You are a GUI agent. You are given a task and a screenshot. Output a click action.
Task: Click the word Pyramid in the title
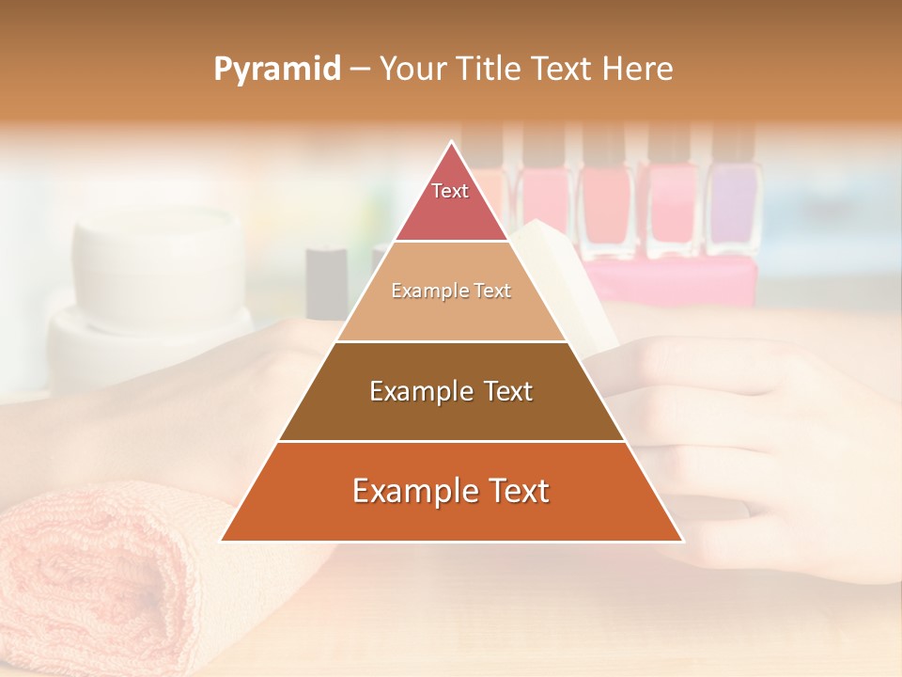click(277, 69)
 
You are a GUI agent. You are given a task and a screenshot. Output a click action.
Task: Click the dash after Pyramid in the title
click(360, 70)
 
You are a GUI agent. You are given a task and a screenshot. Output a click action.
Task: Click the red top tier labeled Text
click(451, 212)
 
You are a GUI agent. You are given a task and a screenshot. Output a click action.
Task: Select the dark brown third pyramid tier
click(451, 414)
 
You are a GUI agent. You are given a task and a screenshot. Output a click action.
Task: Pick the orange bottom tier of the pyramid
click(451, 517)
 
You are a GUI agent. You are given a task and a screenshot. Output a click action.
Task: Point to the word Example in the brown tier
click(419, 391)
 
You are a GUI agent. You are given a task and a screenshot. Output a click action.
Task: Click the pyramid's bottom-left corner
click(222, 541)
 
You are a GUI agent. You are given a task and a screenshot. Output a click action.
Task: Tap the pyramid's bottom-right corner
click(682, 541)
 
